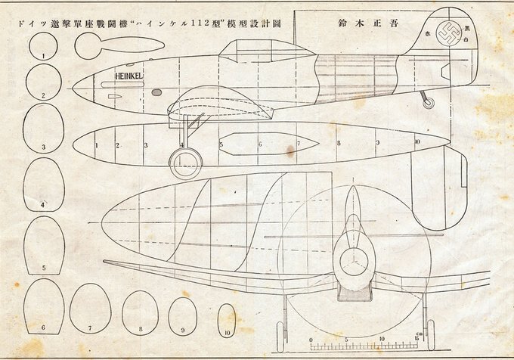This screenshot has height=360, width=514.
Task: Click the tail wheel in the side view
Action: [x=429, y=102]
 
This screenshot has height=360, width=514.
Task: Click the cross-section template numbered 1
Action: [x=43, y=48]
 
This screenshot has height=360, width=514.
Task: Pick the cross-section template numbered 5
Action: [x=44, y=247]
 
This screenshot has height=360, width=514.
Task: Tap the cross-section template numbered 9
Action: [x=182, y=315]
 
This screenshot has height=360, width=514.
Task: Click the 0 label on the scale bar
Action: [x=312, y=340]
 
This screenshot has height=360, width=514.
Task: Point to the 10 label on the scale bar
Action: [x=382, y=340]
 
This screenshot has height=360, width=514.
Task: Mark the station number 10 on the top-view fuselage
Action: [x=417, y=141]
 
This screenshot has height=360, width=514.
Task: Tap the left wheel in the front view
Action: [x=283, y=334]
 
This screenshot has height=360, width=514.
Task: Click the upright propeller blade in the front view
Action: [x=352, y=216]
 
